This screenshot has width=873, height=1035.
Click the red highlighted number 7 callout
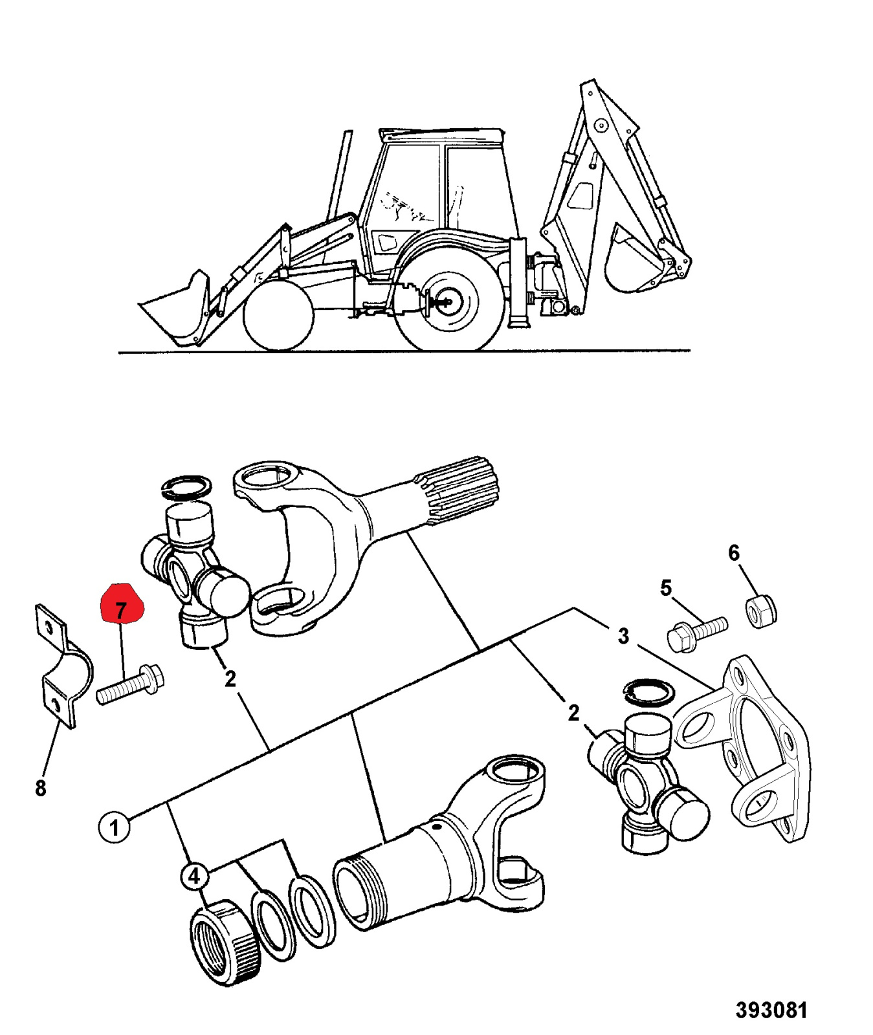click(121, 603)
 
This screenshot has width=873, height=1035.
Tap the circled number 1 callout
click(115, 828)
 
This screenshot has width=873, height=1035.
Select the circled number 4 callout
click(194, 877)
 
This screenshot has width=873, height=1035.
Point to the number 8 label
click(40, 788)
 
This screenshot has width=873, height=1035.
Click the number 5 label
click(666, 587)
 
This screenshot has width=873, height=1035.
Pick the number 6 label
click(733, 552)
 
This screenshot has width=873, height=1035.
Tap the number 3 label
click(623, 635)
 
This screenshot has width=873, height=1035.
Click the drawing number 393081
click(771, 1010)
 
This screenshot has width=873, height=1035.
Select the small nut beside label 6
click(762, 609)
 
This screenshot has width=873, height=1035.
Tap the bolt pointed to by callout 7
click(130, 685)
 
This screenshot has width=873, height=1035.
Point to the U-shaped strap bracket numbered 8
click(60, 666)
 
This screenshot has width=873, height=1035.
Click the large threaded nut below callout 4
click(227, 941)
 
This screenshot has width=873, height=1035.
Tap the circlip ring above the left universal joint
click(186, 486)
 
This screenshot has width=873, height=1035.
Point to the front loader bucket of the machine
click(175, 307)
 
